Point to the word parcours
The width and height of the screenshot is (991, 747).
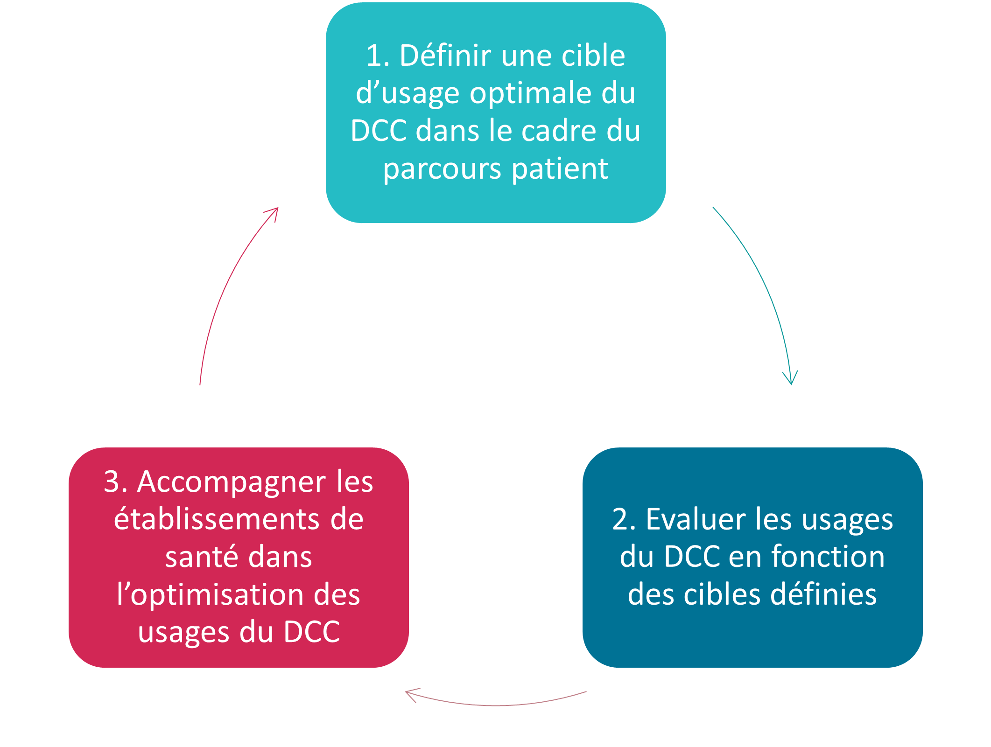pyautogui.click(x=443, y=169)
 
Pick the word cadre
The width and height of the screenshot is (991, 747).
pyautogui.click(x=559, y=131)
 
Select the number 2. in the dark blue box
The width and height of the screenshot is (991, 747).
pyautogui.click(x=624, y=519)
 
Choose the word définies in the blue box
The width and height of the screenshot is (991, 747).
pyautogui.click(x=823, y=594)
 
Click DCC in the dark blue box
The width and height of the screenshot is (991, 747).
pyautogui.click(x=692, y=557)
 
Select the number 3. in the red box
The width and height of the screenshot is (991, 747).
pyautogui.click(x=115, y=482)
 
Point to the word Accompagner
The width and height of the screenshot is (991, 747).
pyautogui.click(x=232, y=482)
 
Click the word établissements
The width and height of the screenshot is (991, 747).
pyautogui.click(x=217, y=519)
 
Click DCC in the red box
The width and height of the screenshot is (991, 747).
pyautogui.click(x=312, y=632)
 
